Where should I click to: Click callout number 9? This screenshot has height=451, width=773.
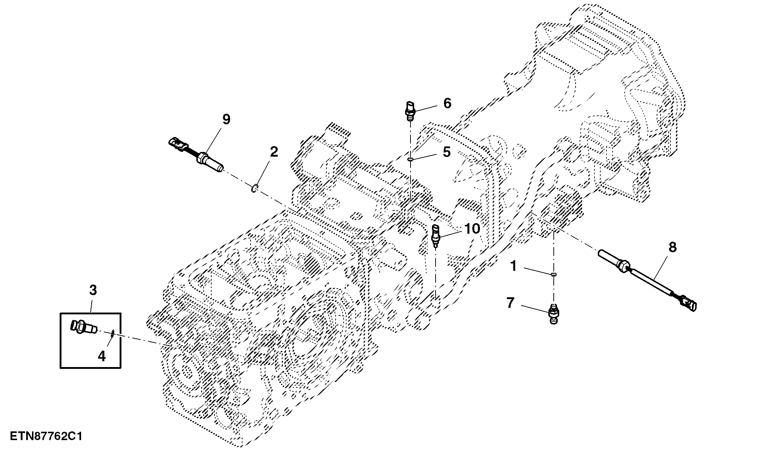(x=226, y=120)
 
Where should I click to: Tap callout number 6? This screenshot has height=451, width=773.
(x=447, y=103)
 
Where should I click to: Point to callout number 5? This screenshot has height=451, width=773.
(x=446, y=152)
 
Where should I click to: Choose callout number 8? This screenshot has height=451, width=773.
(x=672, y=248)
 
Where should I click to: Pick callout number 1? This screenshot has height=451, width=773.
(x=513, y=267)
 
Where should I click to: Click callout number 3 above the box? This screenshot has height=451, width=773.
(x=93, y=290)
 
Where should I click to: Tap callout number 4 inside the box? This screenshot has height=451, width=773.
(x=102, y=356)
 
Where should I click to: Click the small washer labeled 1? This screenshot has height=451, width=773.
(x=553, y=274)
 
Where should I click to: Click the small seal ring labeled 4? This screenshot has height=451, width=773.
(x=113, y=333)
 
